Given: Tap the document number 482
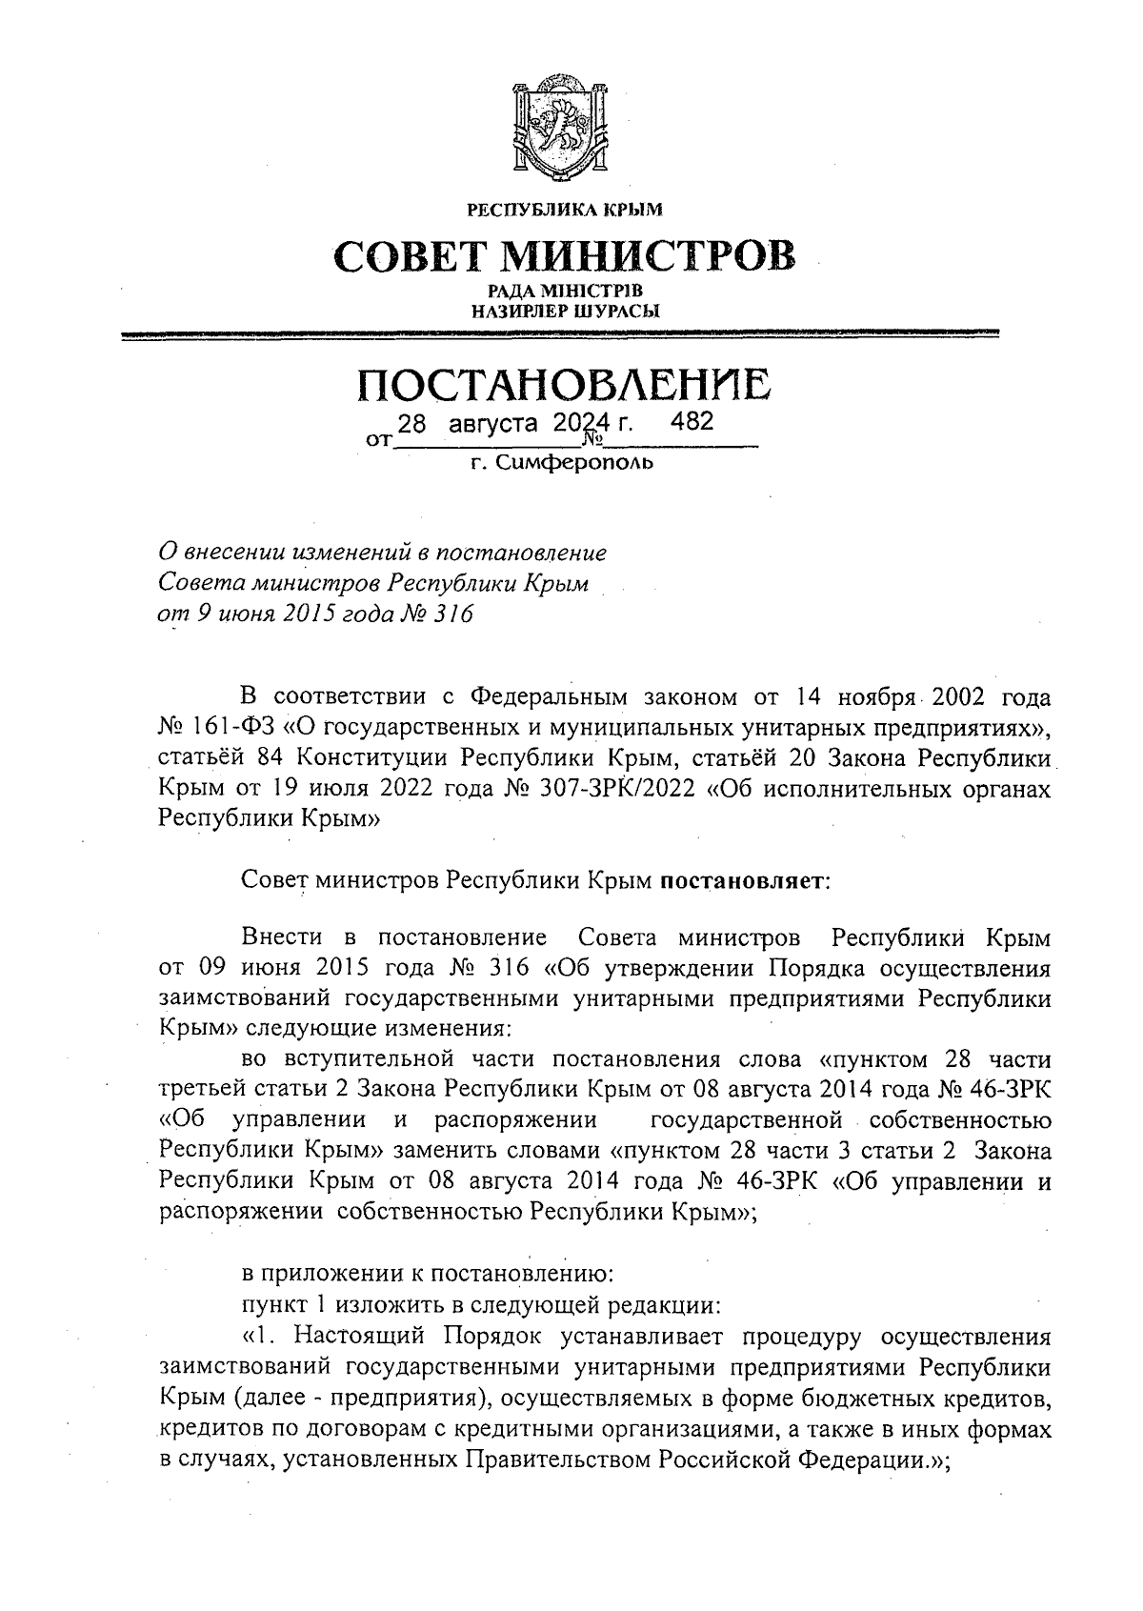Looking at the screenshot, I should coord(692,422).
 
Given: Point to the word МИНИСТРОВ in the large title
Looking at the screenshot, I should coord(648,254).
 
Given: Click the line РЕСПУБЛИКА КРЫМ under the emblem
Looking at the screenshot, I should coord(564,209).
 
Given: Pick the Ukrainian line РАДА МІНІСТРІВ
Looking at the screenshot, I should coord(565,291).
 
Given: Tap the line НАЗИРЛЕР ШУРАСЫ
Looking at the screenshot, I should coord(565,310).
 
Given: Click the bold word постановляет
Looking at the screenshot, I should coord(745,881).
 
